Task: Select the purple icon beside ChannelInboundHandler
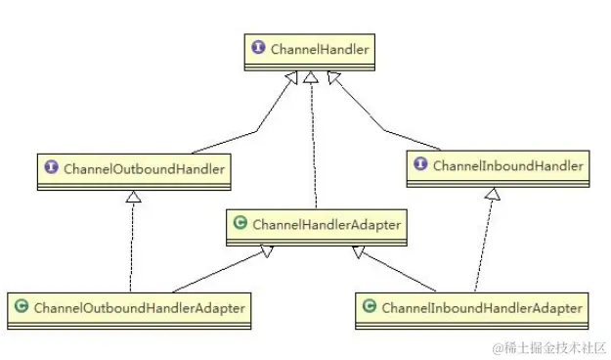click(421, 165)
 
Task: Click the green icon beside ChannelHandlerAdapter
click(240, 225)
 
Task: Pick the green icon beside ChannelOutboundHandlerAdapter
click(21, 308)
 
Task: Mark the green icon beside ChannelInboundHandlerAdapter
click(369, 308)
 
